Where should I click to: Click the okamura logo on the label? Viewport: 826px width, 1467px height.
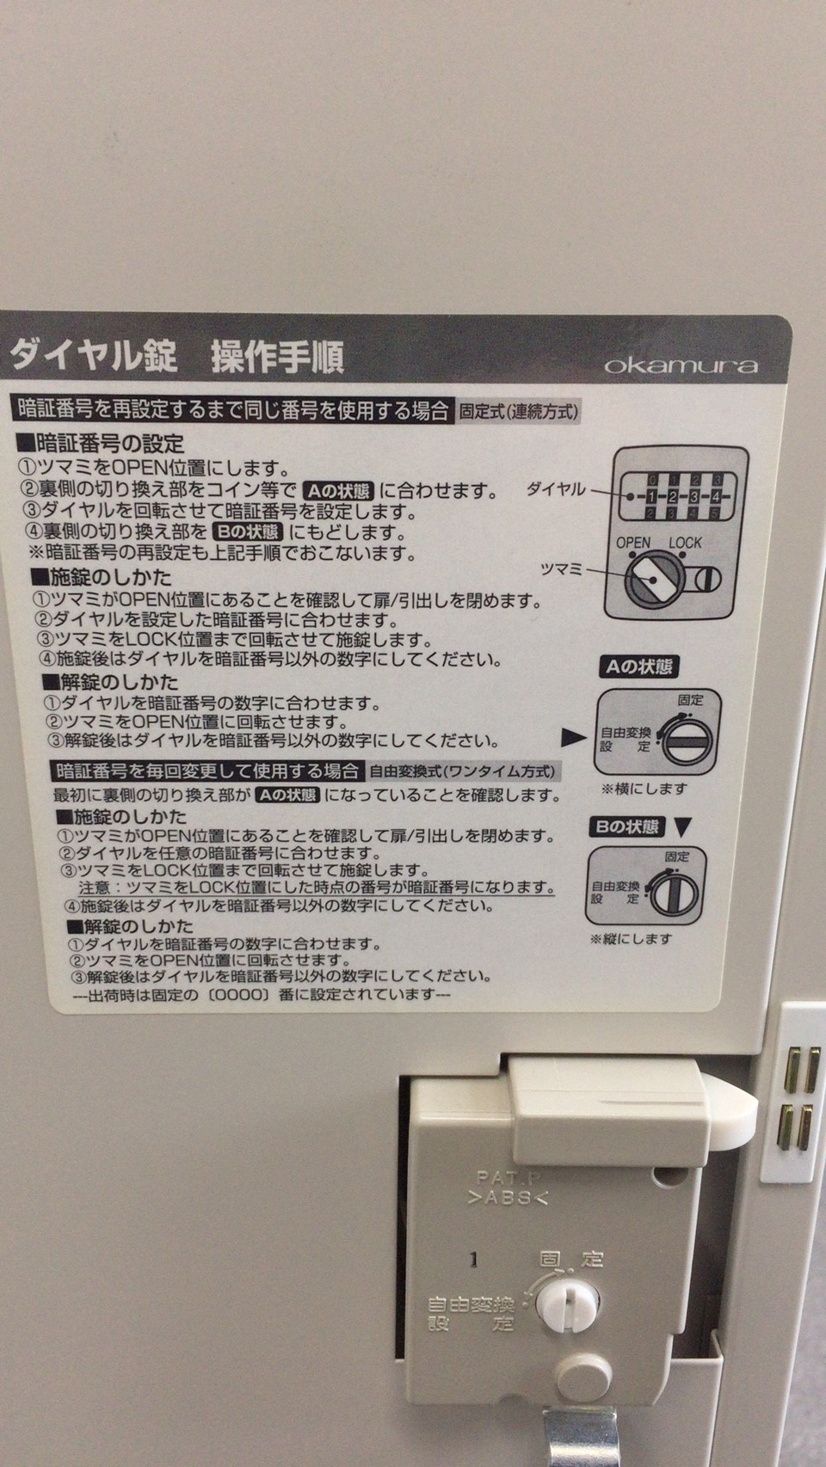tap(681, 365)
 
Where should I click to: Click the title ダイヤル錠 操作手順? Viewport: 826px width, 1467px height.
tap(177, 357)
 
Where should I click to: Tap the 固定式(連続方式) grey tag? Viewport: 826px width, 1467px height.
tap(519, 411)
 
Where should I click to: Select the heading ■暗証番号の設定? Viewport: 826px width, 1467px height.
tap(101, 444)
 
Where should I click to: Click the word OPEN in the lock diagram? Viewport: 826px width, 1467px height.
tap(632, 543)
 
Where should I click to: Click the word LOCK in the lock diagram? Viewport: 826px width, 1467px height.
tap(685, 543)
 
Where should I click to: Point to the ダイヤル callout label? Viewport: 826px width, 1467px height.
tap(556, 488)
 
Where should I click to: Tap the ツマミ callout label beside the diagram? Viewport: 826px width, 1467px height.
tap(561, 568)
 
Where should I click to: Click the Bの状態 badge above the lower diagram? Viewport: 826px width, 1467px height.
tap(627, 827)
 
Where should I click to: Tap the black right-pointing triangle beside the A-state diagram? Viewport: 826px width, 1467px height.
tap(573, 738)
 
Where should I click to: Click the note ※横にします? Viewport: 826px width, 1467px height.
tap(644, 789)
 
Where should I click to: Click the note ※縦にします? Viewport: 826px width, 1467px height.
tap(632, 938)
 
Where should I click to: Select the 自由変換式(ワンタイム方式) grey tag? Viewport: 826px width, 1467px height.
tap(462, 770)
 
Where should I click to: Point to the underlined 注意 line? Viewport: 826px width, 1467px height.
tap(316, 888)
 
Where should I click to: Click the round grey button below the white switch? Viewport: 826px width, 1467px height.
tap(583, 1374)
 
